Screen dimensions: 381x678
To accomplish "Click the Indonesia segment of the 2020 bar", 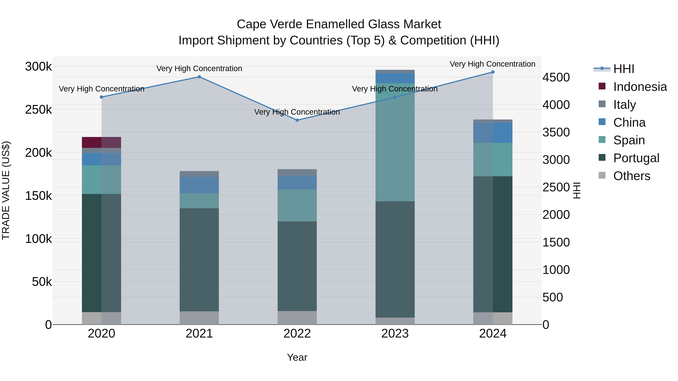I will tap(101, 142).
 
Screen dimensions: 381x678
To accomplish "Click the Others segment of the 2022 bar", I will tap(297, 318).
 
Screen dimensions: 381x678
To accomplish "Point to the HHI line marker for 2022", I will tap(297, 120).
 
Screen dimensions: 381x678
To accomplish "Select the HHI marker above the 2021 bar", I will tap(199, 77).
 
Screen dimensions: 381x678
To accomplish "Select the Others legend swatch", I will tap(602, 175).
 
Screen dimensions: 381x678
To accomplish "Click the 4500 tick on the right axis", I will tap(556, 77).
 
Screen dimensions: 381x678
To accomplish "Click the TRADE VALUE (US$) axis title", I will tap(6, 190).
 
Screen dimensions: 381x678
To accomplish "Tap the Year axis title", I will tap(297, 357).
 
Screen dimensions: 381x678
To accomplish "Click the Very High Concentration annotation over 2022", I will tap(297, 112).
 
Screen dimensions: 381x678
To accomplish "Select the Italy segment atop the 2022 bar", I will tap(297, 173).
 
